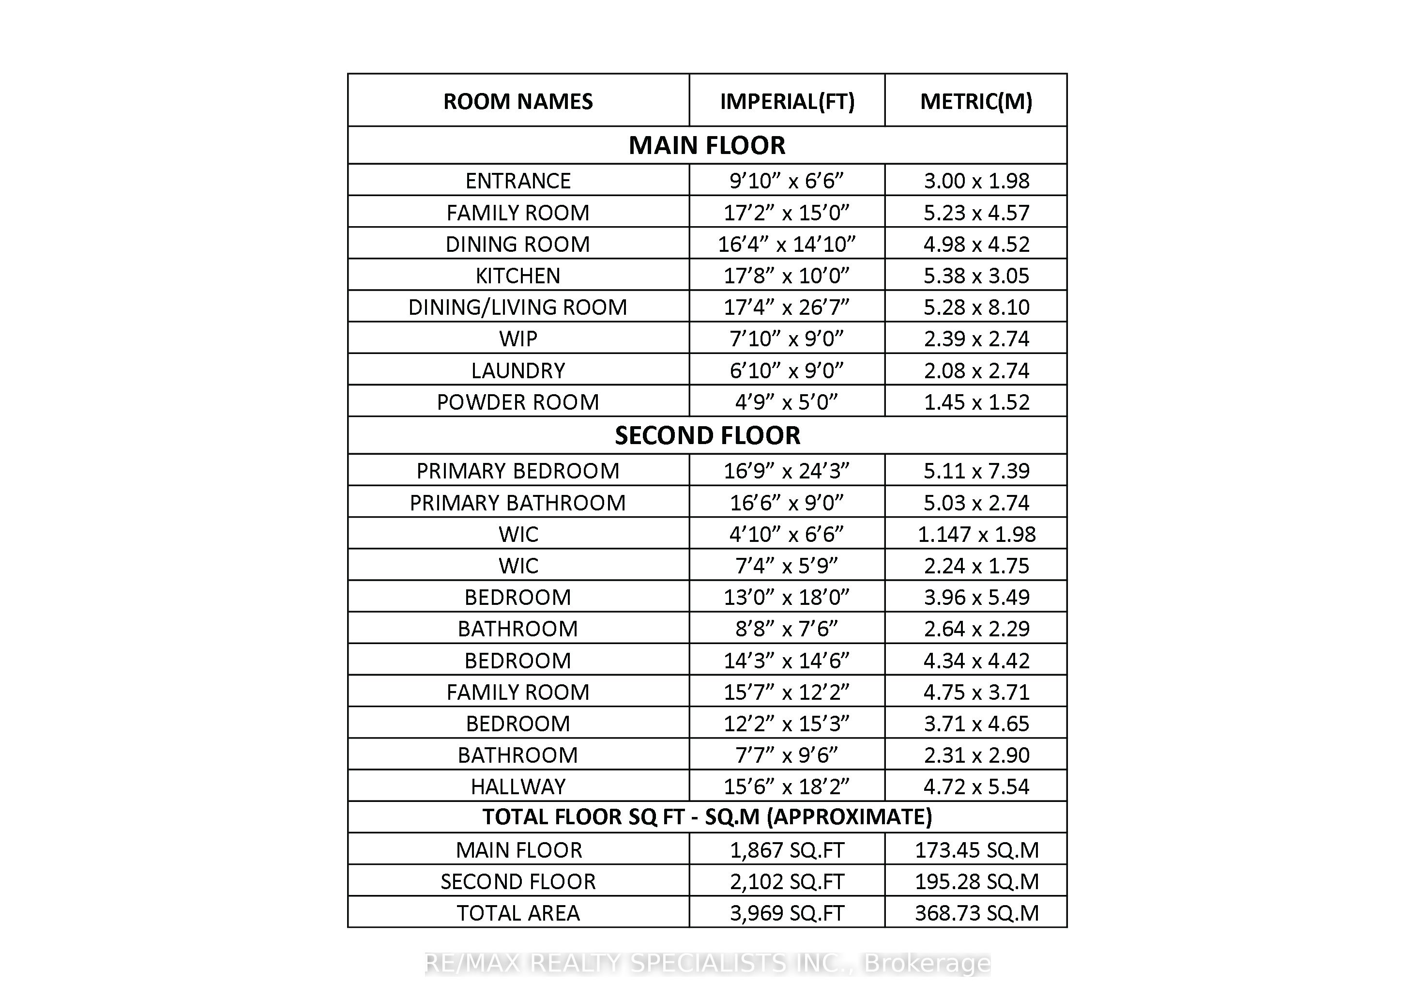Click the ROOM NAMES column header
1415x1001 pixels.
pyautogui.click(x=517, y=101)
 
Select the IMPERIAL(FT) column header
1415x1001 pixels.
pyautogui.click(x=787, y=101)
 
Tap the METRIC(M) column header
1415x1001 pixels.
pyautogui.click(x=976, y=101)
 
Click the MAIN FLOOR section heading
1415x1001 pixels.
pyautogui.click(x=707, y=145)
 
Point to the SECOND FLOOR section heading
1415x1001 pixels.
pyautogui.click(x=707, y=436)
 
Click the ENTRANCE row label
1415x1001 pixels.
pyautogui.click(x=517, y=181)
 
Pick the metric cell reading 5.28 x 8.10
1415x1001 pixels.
pyautogui.click(x=976, y=307)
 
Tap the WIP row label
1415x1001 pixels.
pyautogui.click(x=517, y=339)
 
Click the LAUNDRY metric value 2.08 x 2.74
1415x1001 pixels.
pyautogui.click(x=976, y=370)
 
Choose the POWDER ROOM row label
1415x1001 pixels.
pyautogui.click(x=517, y=402)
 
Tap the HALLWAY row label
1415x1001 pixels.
pyautogui.click(x=517, y=786)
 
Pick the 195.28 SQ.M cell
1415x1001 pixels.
pyautogui.click(x=976, y=881)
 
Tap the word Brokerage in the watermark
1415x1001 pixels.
pyautogui.click(x=927, y=963)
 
